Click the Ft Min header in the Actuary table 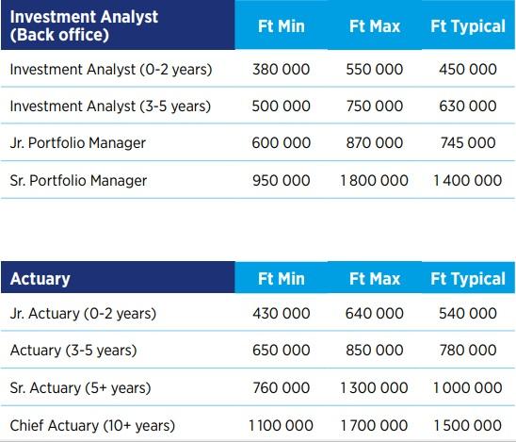coord(282,279)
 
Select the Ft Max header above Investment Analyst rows coord(375,26)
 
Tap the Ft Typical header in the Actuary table coord(468,279)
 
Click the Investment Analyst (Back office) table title coord(84,25)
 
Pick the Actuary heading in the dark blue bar coord(40,279)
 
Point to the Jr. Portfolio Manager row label coord(77,143)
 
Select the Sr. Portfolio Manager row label coord(78,181)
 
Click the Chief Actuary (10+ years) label coord(92,426)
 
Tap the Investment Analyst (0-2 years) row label coord(111,70)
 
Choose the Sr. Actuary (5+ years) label coord(80,388)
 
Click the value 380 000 coord(281,70)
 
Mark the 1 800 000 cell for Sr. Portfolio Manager coord(375,181)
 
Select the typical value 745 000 coord(468,143)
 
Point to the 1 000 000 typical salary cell coord(468,387)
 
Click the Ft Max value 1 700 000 coord(374,425)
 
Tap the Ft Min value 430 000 coord(282,313)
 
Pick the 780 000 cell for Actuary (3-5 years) coord(468,350)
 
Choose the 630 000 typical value coord(468,106)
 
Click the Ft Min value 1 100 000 coord(281,425)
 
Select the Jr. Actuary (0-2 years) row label coord(83,314)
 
